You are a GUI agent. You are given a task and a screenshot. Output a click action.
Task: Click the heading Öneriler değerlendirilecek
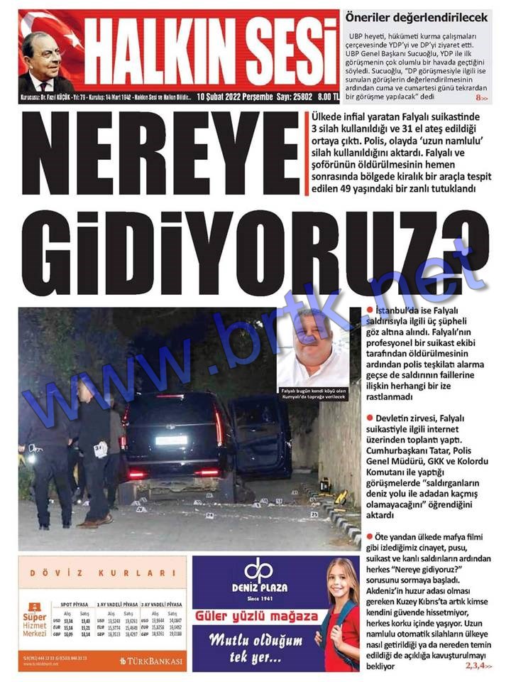[x=416, y=16]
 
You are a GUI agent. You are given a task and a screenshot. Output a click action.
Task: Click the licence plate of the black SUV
[x=172, y=440]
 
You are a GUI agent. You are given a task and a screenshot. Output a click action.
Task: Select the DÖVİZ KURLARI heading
[x=103, y=573]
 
